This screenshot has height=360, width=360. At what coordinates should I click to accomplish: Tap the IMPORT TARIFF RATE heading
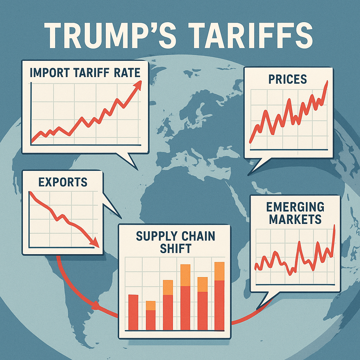(85, 73)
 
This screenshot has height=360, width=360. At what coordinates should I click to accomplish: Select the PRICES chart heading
(288, 79)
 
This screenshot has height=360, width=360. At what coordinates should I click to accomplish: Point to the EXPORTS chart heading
(63, 182)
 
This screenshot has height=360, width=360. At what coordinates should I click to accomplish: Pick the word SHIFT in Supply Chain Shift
(175, 248)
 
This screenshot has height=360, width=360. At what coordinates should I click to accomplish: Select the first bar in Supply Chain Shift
(133, 312)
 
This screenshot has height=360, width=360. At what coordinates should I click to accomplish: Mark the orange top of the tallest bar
(185, 275)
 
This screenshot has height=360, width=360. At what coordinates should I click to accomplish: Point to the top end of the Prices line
(327, 82)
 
